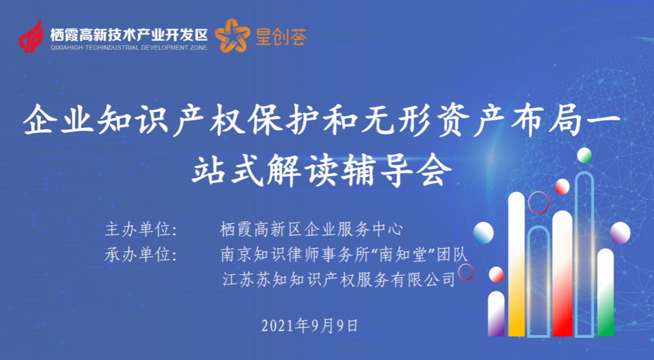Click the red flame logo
(31, 36)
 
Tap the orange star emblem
(232, 36)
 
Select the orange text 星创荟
(281, 37)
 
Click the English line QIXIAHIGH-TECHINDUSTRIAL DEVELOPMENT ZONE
(129, 48)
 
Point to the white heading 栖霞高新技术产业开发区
(129, 34)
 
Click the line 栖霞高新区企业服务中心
(312, 230)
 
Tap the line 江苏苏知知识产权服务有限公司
(338, 279)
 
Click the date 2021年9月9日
(310, 326)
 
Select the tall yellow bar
(517, 263)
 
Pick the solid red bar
(562, 273)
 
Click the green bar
(606, 292)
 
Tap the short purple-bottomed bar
(496, 314)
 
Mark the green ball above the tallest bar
(585, 155)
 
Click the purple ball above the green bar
(620, 233)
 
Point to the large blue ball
(484, 233)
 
